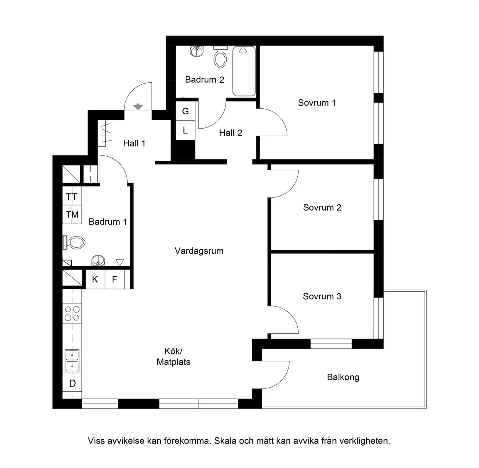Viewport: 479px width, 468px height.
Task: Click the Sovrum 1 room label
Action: pyautogui.click(x=317, y=103)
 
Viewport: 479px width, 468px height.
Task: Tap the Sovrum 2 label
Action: pyautogui.click(x=322, y=207)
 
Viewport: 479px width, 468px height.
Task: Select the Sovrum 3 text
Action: pyautogui.click(x=322, y=296)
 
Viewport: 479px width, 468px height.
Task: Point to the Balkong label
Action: pyautogui.click(x=343, y=377)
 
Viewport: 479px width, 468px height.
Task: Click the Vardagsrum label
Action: pyautogui.click(x=199, y=251)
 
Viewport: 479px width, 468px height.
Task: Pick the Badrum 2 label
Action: pyautogui.click(x=204, y=80)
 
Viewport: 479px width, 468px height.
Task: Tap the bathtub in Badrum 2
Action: pyautogui.click(x=243, y=71)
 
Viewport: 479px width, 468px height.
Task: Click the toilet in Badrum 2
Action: pyautogui.click(x=220, y=56)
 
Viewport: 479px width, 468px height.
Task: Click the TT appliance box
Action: pyautogui.click(x=72, y=197)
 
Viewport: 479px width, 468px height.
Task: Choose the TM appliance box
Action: pyautogui.click(x=72, y=215)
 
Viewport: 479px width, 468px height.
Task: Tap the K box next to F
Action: pyautogui.click(x=95, y=279)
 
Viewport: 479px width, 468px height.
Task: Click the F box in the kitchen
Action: pyautogui.click(x=115, y=279)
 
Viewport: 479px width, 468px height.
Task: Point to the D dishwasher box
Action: pyautogui.click(x=72, y=384)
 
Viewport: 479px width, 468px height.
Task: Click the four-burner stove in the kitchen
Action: pyautogui.click(x=72, y=313)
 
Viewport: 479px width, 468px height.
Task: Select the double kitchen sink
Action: pyautogui.click(x=72, y=361)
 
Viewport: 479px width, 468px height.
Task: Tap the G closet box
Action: pyautogui.click(x=185, y=111)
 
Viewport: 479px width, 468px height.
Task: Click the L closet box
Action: pyautogui.click(x=185, y=130)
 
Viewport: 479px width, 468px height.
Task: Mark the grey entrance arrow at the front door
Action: pyautogui.click(x=138, y=106)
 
